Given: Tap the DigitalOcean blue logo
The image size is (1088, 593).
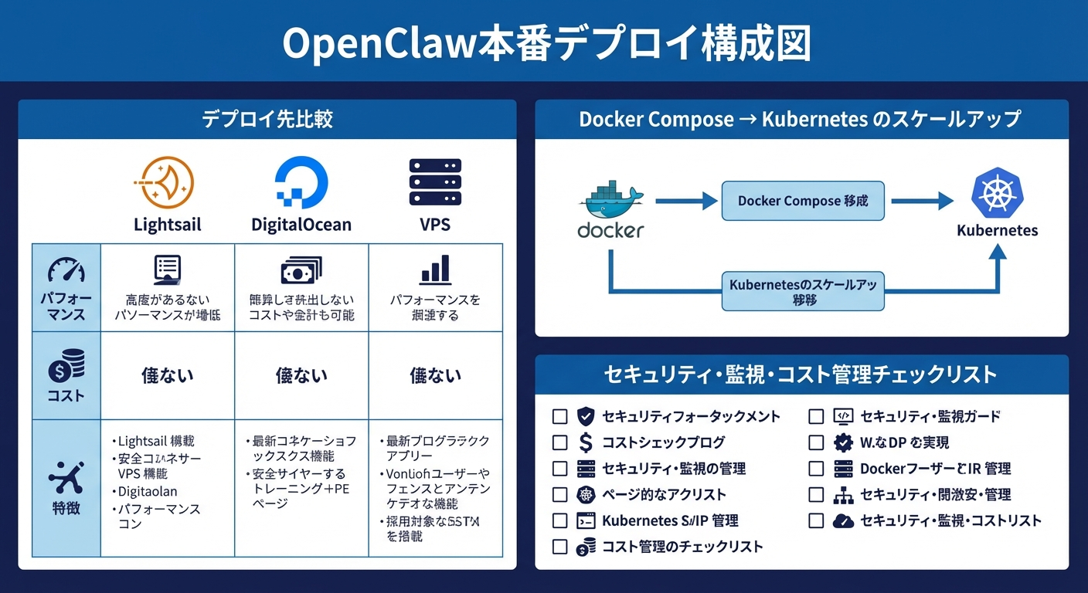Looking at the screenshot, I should pyautogui.click(x=301, y=183).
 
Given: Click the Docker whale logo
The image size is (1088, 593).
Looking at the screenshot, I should pyautogui.click(x=610, y=202).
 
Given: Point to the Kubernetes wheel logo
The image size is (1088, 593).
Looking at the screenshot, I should pyautogui.click(x=997, y=195).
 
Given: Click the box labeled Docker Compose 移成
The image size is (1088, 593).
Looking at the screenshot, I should pyautogui.click(x=803, y=201).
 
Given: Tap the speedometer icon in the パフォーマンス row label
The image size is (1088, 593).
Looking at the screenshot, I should pyautogui.click(x=66, y=271).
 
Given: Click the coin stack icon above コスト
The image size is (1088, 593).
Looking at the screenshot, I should pyautogui.click(x=66, y=366).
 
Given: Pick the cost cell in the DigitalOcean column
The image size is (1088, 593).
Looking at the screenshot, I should pyautogui.click(x=301, y=376).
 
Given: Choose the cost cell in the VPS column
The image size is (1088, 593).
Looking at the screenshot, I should pyautogui.click(x=435, y=376).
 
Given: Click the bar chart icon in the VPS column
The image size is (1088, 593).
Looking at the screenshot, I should pyautogui.click(x=435, y=270).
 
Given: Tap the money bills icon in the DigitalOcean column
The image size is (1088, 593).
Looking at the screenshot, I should pyautogui.click(x=301, y=271).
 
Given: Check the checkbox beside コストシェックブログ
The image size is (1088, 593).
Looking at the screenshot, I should pyautogui.click(x=560, y=443).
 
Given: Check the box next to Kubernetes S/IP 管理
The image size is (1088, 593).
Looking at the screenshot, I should pyautogui.click(x=560, y=521).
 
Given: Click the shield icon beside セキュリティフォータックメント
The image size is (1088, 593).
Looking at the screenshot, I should pyautogui.click(x=586, y=417).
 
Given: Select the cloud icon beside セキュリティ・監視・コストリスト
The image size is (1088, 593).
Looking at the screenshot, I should pyautogui.click(x=843, y=521).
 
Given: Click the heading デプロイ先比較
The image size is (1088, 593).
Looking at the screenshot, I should pyautogui.click(x=267, y=119).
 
